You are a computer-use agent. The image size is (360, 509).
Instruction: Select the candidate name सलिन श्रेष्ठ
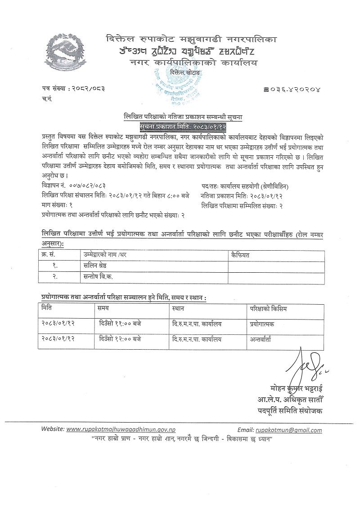click(93, 266)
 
